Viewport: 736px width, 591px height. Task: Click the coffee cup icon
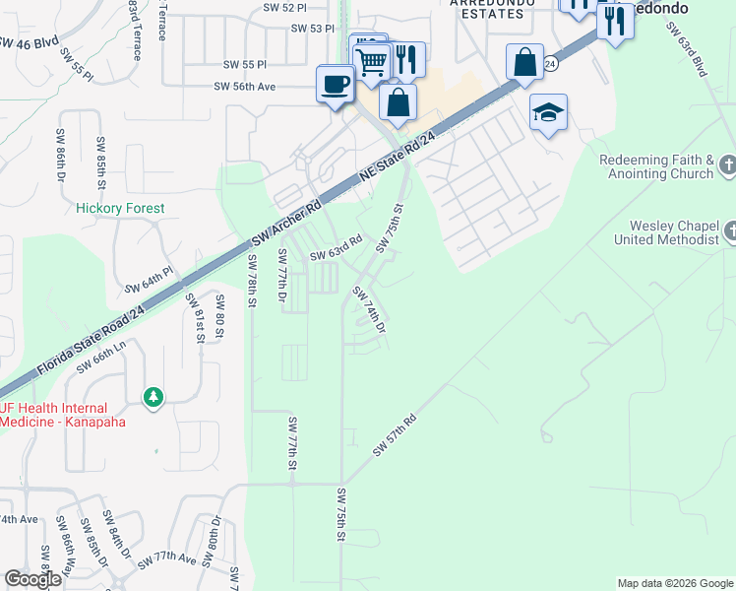tap(336, 83)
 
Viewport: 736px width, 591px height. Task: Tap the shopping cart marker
tap(371, 61)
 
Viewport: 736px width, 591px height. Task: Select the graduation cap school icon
tap(548, 113)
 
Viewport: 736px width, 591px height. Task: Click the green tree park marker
tap(153, 397)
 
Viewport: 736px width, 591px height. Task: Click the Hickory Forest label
tap(120, 209)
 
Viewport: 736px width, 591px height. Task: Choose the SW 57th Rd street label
tap(395, 434)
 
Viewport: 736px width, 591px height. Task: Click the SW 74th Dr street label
tap(369, 309)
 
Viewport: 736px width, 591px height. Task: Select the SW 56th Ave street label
tap(258, 87)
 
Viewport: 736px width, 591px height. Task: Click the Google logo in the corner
tap(32, 579)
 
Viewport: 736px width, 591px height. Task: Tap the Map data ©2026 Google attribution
tap(675, 583)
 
